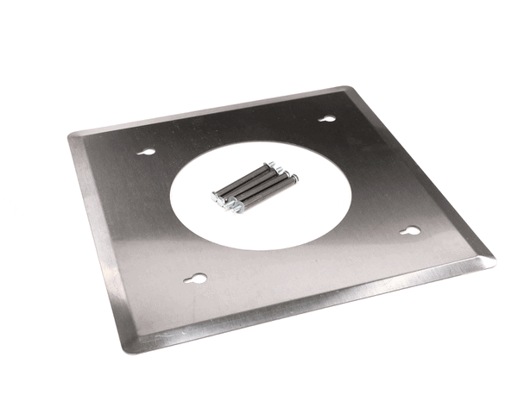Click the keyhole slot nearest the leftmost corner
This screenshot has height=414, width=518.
click(x=148, y=152)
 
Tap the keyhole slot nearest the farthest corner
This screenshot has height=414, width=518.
click(x=326, y=119)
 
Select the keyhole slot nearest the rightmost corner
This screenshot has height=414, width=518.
click(x=411, y=231)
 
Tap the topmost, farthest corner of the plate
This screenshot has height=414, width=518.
click(x=350, y=87)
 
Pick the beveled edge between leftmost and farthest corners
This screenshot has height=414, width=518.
click(x=207, y=110)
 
